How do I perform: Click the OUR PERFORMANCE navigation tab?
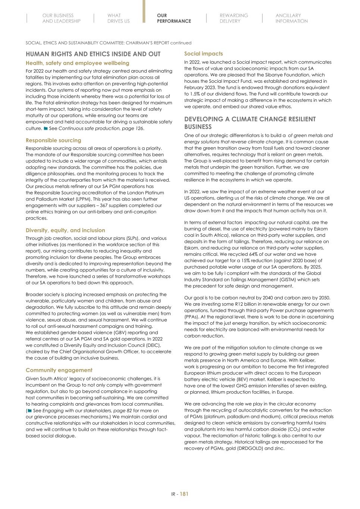click(173, 18)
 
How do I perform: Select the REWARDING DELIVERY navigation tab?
click(234, 18)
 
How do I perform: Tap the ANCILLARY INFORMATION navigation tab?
click(291, 18)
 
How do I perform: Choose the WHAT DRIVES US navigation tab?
click(118, 18)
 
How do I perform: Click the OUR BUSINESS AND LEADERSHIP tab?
click(61, 18)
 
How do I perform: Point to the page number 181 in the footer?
click(184, 494)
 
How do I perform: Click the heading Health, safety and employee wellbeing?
click(77, 63)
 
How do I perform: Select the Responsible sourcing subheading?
click(53, 140)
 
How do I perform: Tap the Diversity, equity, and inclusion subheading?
click(65, 230)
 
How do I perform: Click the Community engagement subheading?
click(59, 370)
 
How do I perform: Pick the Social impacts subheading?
click(203, 54)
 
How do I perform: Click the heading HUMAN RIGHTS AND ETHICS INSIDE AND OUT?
click(93, 54)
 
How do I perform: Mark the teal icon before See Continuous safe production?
click(46, 128)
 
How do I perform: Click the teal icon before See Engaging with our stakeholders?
click(29, 411)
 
